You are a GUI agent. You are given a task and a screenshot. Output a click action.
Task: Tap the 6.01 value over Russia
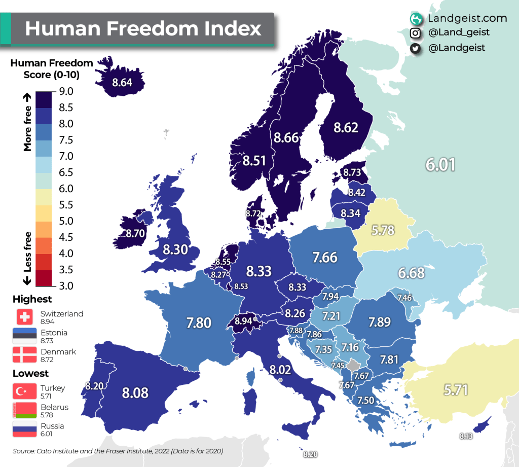(440, 165)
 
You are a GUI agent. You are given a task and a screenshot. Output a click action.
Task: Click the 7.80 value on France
(198, 322)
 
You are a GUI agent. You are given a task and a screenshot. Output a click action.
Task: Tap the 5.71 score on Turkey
(456, 389)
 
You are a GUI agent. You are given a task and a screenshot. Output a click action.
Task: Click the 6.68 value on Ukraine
(411, 273)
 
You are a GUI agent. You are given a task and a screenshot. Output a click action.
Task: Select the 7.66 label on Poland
(324, 257)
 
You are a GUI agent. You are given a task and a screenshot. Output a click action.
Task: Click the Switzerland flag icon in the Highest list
(24, 317)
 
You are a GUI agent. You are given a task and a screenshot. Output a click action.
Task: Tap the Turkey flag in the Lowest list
(24, 391)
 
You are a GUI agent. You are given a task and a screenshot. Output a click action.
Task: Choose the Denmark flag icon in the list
(24, 354)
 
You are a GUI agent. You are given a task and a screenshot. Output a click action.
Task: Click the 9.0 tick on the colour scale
(66, 91)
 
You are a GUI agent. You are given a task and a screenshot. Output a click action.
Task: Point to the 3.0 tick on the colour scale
(66, 285)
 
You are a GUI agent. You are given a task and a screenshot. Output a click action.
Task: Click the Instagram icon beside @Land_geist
(416, 33)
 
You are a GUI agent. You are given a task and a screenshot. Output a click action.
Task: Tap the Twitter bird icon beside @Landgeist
(416, 48)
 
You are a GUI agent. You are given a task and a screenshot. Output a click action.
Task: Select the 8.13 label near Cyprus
(466, 436)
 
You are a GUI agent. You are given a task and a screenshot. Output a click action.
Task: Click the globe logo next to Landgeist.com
(416, 19)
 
